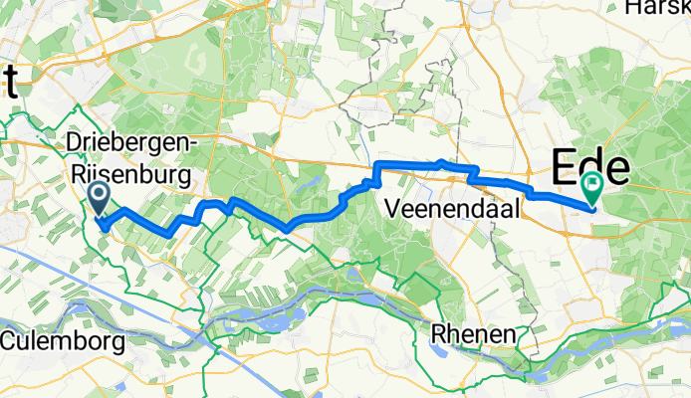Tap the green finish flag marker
click(x=593, y=185)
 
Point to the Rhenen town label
click(x=473, y=334)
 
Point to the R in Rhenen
click(x=438, y=334)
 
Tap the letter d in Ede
click(x=593, y=165)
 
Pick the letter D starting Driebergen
click(x=72, y=143)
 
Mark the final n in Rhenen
click(x=510, y=334)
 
